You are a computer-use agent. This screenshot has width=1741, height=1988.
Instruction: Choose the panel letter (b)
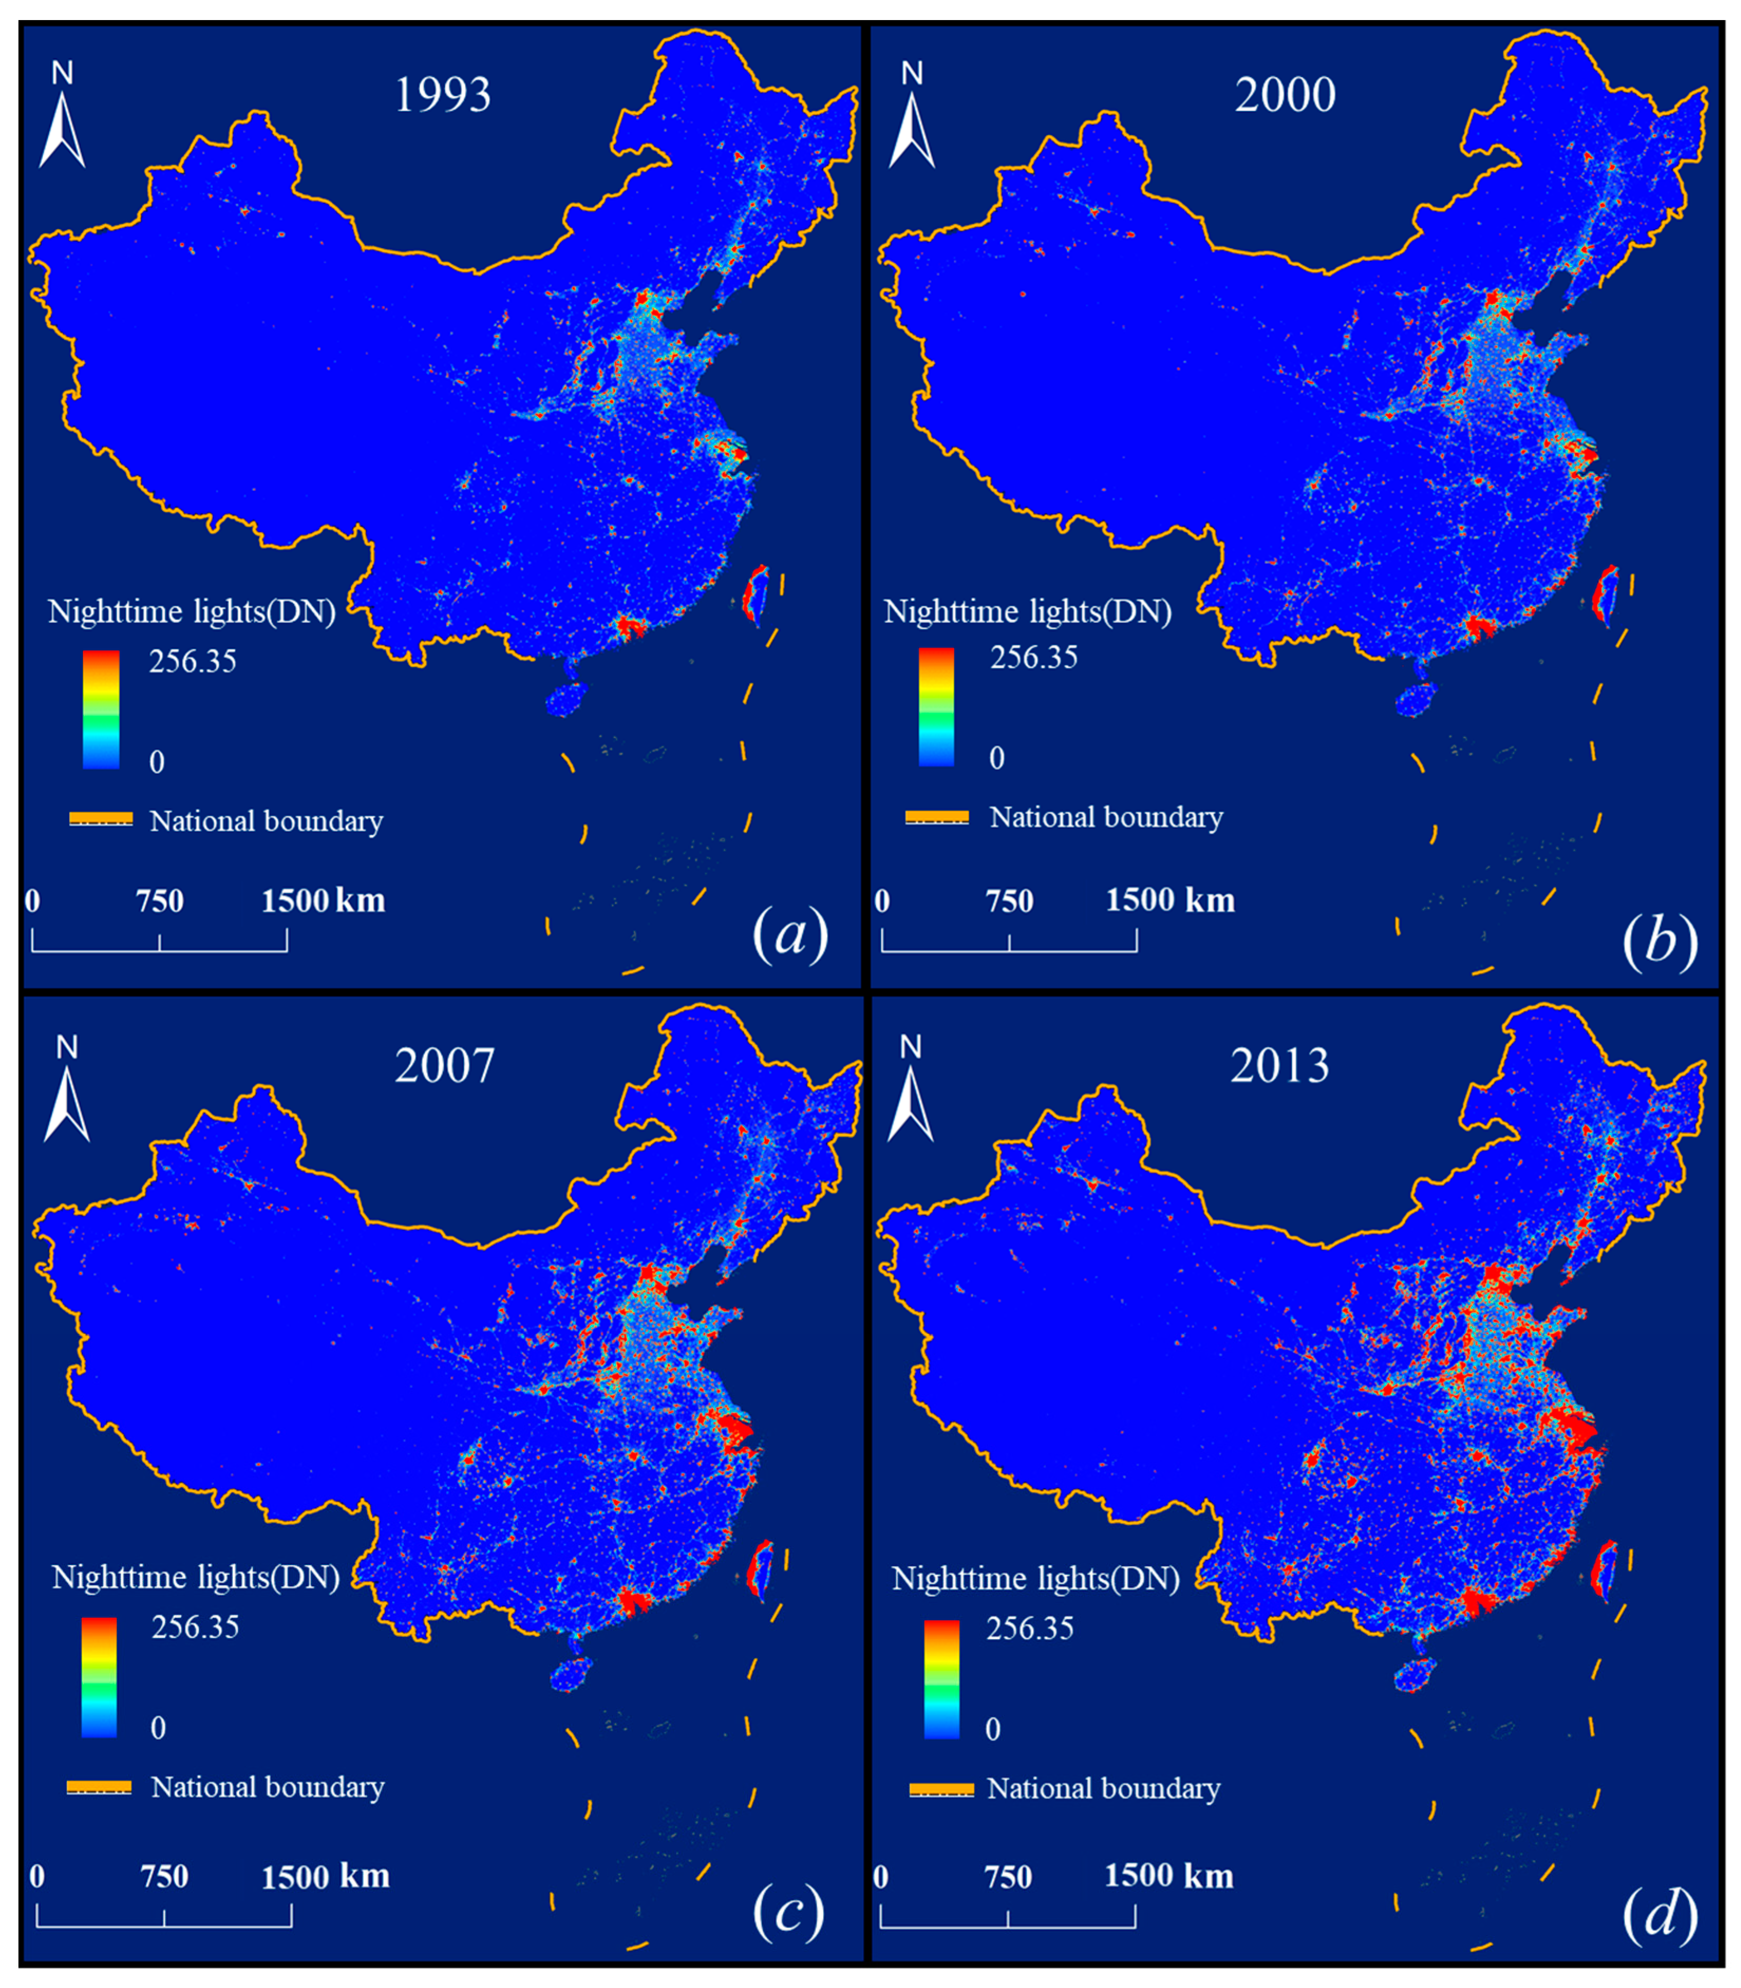point(1659,940)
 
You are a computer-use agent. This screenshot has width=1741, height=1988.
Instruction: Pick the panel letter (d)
point(1659,1912)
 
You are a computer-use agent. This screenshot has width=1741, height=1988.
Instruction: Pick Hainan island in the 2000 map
point(1415,698)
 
